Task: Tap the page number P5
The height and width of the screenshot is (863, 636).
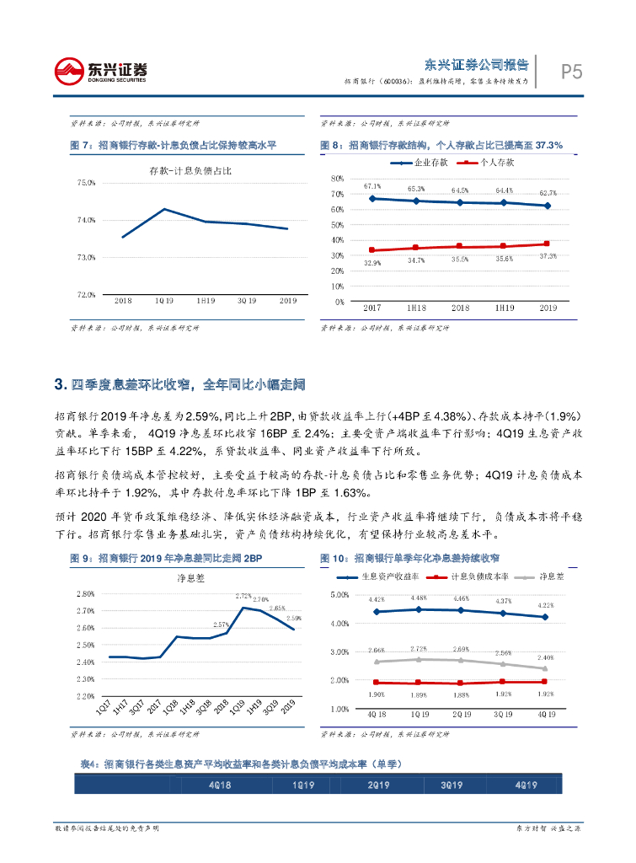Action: tap(571, 73)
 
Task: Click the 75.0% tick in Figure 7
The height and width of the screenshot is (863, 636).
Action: tap(86, 182)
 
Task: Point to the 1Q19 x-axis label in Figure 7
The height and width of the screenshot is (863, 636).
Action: tap(164, 300)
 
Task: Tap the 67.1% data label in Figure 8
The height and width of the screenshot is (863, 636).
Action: tap(372, 186)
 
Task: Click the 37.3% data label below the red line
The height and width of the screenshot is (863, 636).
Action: tap(548, 256)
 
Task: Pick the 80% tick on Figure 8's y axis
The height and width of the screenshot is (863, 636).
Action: tap(337, 179)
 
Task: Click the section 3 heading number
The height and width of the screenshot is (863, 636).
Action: tap(58, 385)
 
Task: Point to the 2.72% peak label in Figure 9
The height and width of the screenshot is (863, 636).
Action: tap(243, 596)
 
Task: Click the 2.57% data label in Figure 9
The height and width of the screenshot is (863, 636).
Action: tap(222, 624)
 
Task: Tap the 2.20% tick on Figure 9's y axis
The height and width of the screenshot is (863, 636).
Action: tap(84, 697)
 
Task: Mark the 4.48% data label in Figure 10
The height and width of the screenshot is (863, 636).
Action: tap(419, 599)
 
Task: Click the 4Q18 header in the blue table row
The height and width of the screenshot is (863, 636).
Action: tap(221, 785)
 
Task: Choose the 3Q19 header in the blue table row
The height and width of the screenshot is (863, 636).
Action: tap(452, 785)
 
